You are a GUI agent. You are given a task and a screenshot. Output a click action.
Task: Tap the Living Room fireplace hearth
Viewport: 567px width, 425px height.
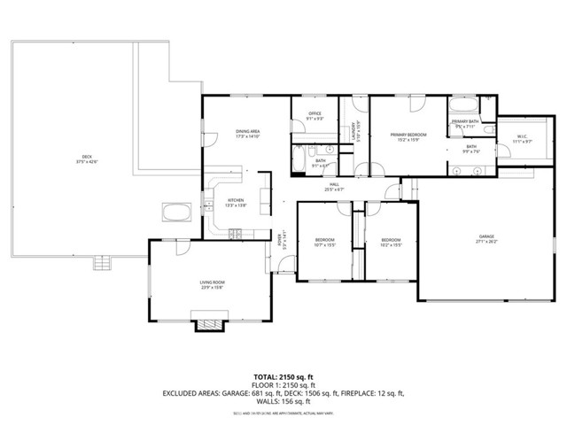pos(208,324)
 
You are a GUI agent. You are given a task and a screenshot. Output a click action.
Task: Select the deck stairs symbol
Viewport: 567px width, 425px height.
pos(105,263)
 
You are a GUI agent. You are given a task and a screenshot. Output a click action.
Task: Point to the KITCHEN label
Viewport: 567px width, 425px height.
pos(236,201)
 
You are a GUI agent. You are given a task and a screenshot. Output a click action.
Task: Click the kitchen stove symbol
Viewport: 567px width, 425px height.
pos(236,234)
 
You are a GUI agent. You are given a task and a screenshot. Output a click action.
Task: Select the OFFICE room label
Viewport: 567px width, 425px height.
pos(315,113)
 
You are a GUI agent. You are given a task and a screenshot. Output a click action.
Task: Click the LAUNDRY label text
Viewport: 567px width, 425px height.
pos(353,130)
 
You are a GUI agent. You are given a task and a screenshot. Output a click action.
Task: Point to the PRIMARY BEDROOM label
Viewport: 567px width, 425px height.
pos(409,135)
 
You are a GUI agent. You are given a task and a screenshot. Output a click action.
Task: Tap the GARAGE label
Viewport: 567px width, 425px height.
pos(486,236)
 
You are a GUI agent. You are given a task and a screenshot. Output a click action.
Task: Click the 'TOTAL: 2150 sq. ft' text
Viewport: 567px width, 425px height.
pos(283,377)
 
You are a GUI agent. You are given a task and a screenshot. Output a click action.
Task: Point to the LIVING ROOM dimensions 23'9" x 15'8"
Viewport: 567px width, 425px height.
pos(211,287)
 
